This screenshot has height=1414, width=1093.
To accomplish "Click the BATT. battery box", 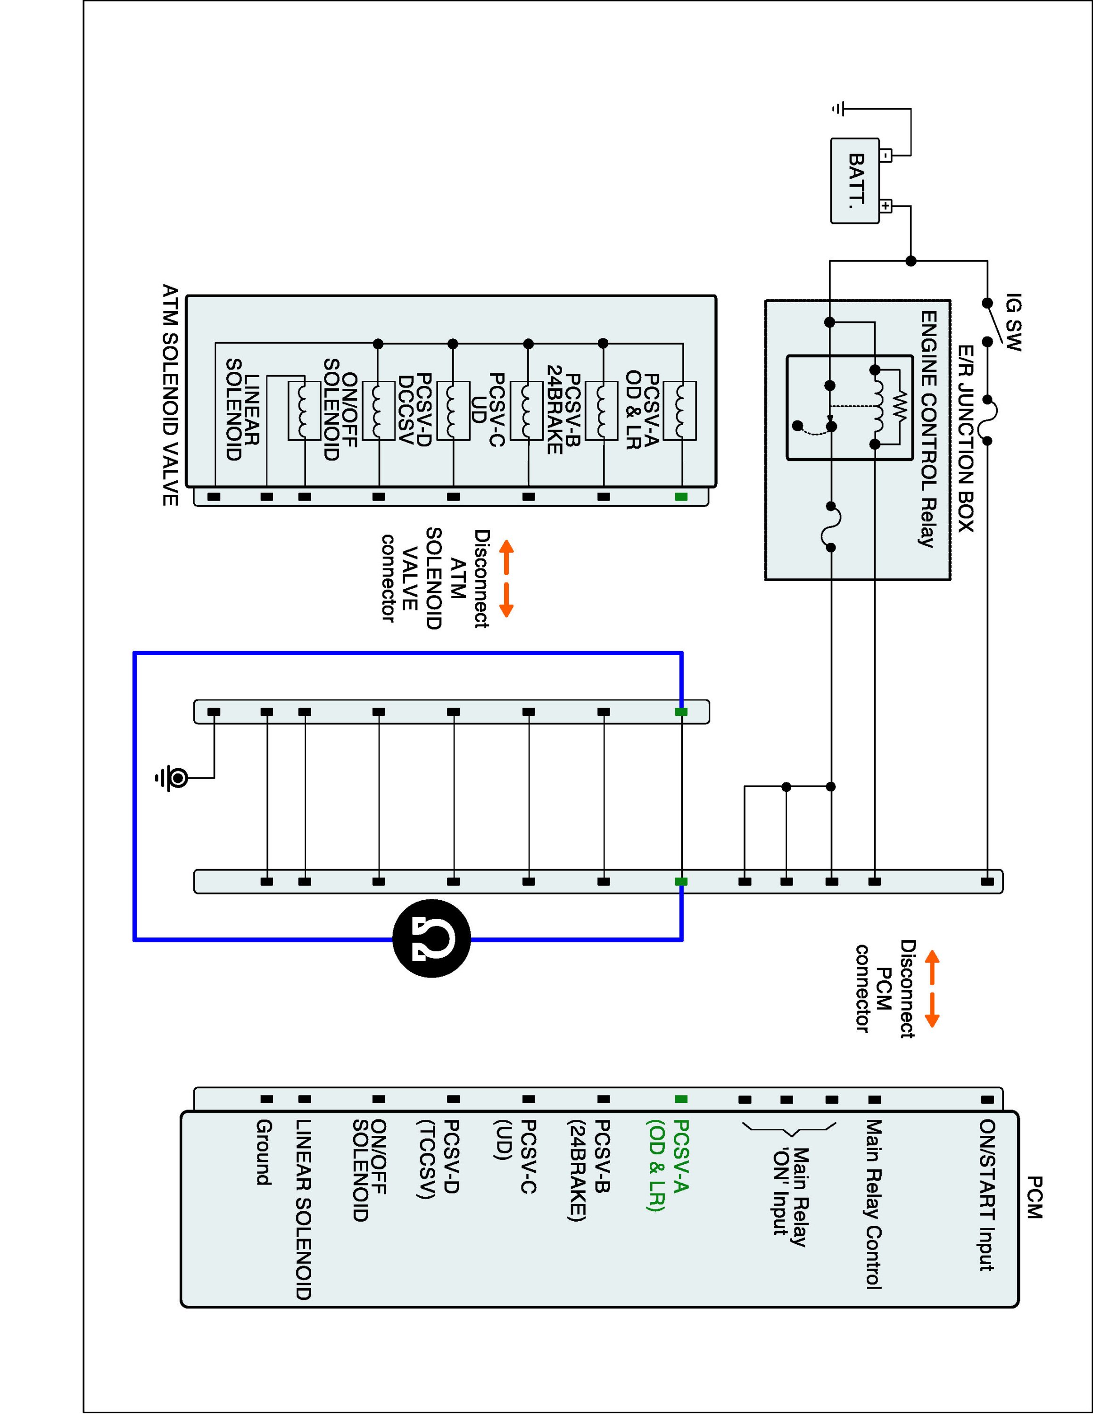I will coord(855,181).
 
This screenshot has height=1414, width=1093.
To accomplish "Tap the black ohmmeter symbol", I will coord(431,939).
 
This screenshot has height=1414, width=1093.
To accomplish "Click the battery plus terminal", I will coord(886,206).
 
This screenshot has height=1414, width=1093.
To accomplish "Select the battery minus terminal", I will coord(886,156).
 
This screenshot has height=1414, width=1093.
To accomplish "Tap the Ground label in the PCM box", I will coord(264,1152).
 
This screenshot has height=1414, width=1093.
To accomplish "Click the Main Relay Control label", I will coord(874,1204).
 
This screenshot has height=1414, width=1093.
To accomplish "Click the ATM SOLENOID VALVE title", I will coord(170,395).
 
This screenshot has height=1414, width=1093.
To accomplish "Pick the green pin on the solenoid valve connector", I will coord(680,497).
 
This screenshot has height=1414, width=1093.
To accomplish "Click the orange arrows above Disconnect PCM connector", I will coord(931,989).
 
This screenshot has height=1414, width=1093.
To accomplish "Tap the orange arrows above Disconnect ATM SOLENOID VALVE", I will coord(506,578).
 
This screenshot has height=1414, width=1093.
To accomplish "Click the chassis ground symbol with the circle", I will coord(176,778).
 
